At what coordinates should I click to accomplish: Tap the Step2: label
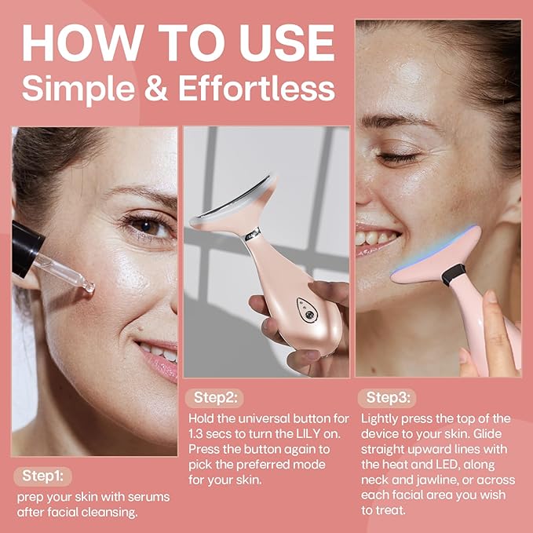(215, 398)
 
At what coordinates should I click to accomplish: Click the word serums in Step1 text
(144, 497)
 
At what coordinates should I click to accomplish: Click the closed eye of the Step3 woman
(396, 157)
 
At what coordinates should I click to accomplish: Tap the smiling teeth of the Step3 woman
(377, 237)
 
